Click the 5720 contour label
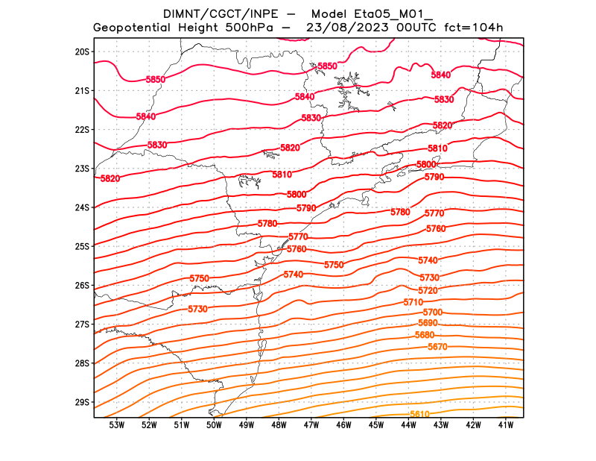428,290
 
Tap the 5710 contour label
413,302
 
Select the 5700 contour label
433,312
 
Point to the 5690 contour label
428,323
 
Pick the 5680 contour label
424,336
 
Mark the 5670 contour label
437,347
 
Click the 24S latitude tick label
82,207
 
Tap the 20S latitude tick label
82,51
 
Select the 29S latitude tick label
82,402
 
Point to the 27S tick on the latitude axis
82,324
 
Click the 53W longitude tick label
117,425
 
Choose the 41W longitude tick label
507,425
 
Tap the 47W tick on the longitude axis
311,425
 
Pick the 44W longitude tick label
409,425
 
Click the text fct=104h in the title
475,28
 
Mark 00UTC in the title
415,28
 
